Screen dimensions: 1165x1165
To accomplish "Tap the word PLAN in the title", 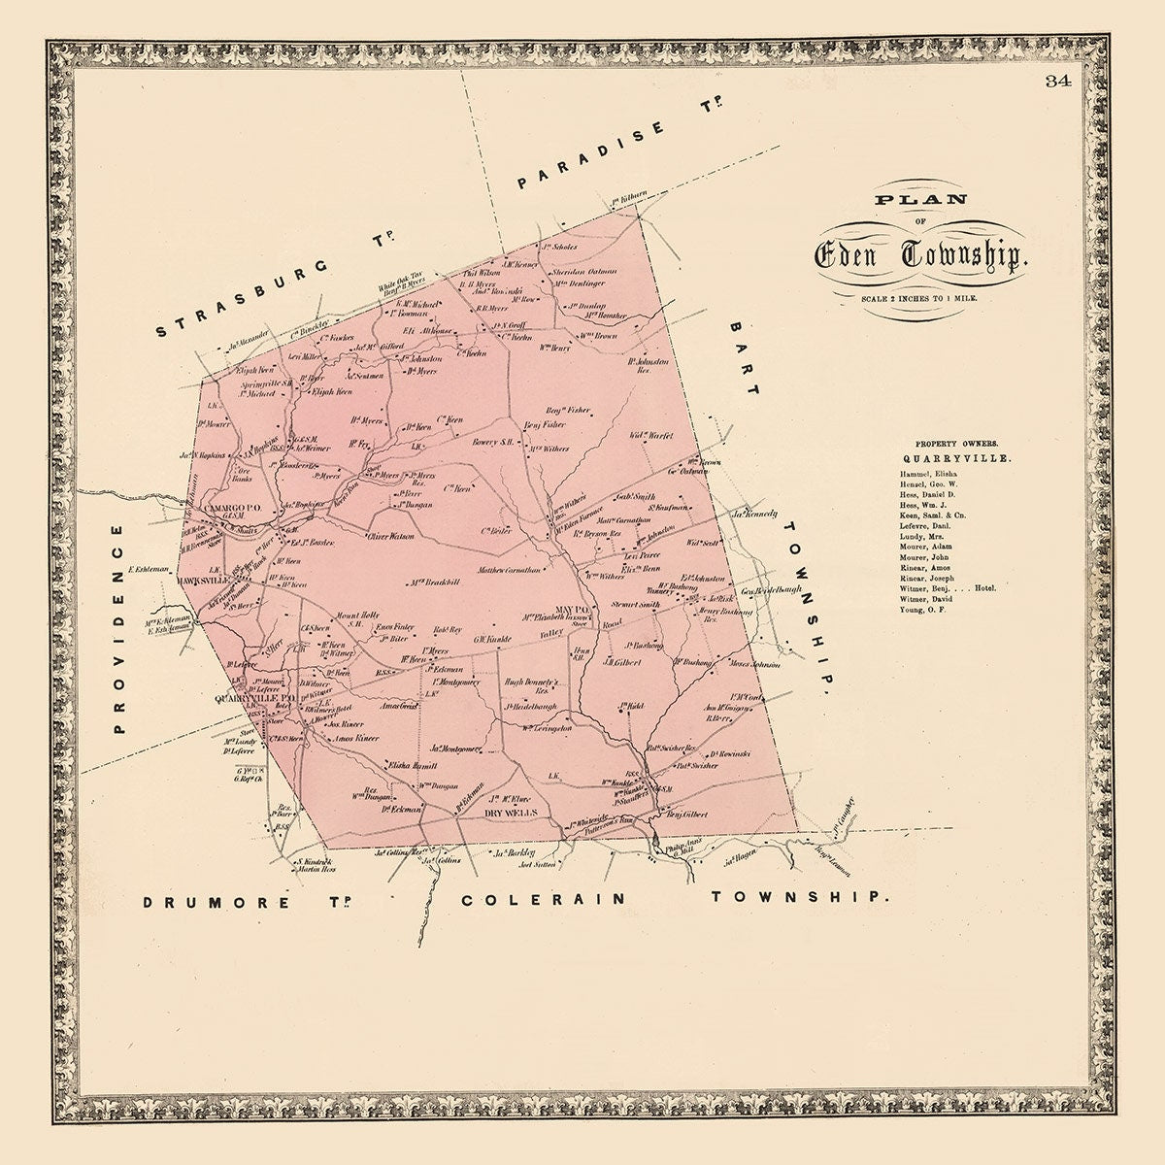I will [914, 201].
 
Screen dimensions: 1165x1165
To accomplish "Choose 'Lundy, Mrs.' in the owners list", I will [909, 535].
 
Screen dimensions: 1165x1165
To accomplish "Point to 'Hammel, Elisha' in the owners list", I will [915, 472].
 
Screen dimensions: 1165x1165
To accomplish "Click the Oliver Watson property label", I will [390, 536].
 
